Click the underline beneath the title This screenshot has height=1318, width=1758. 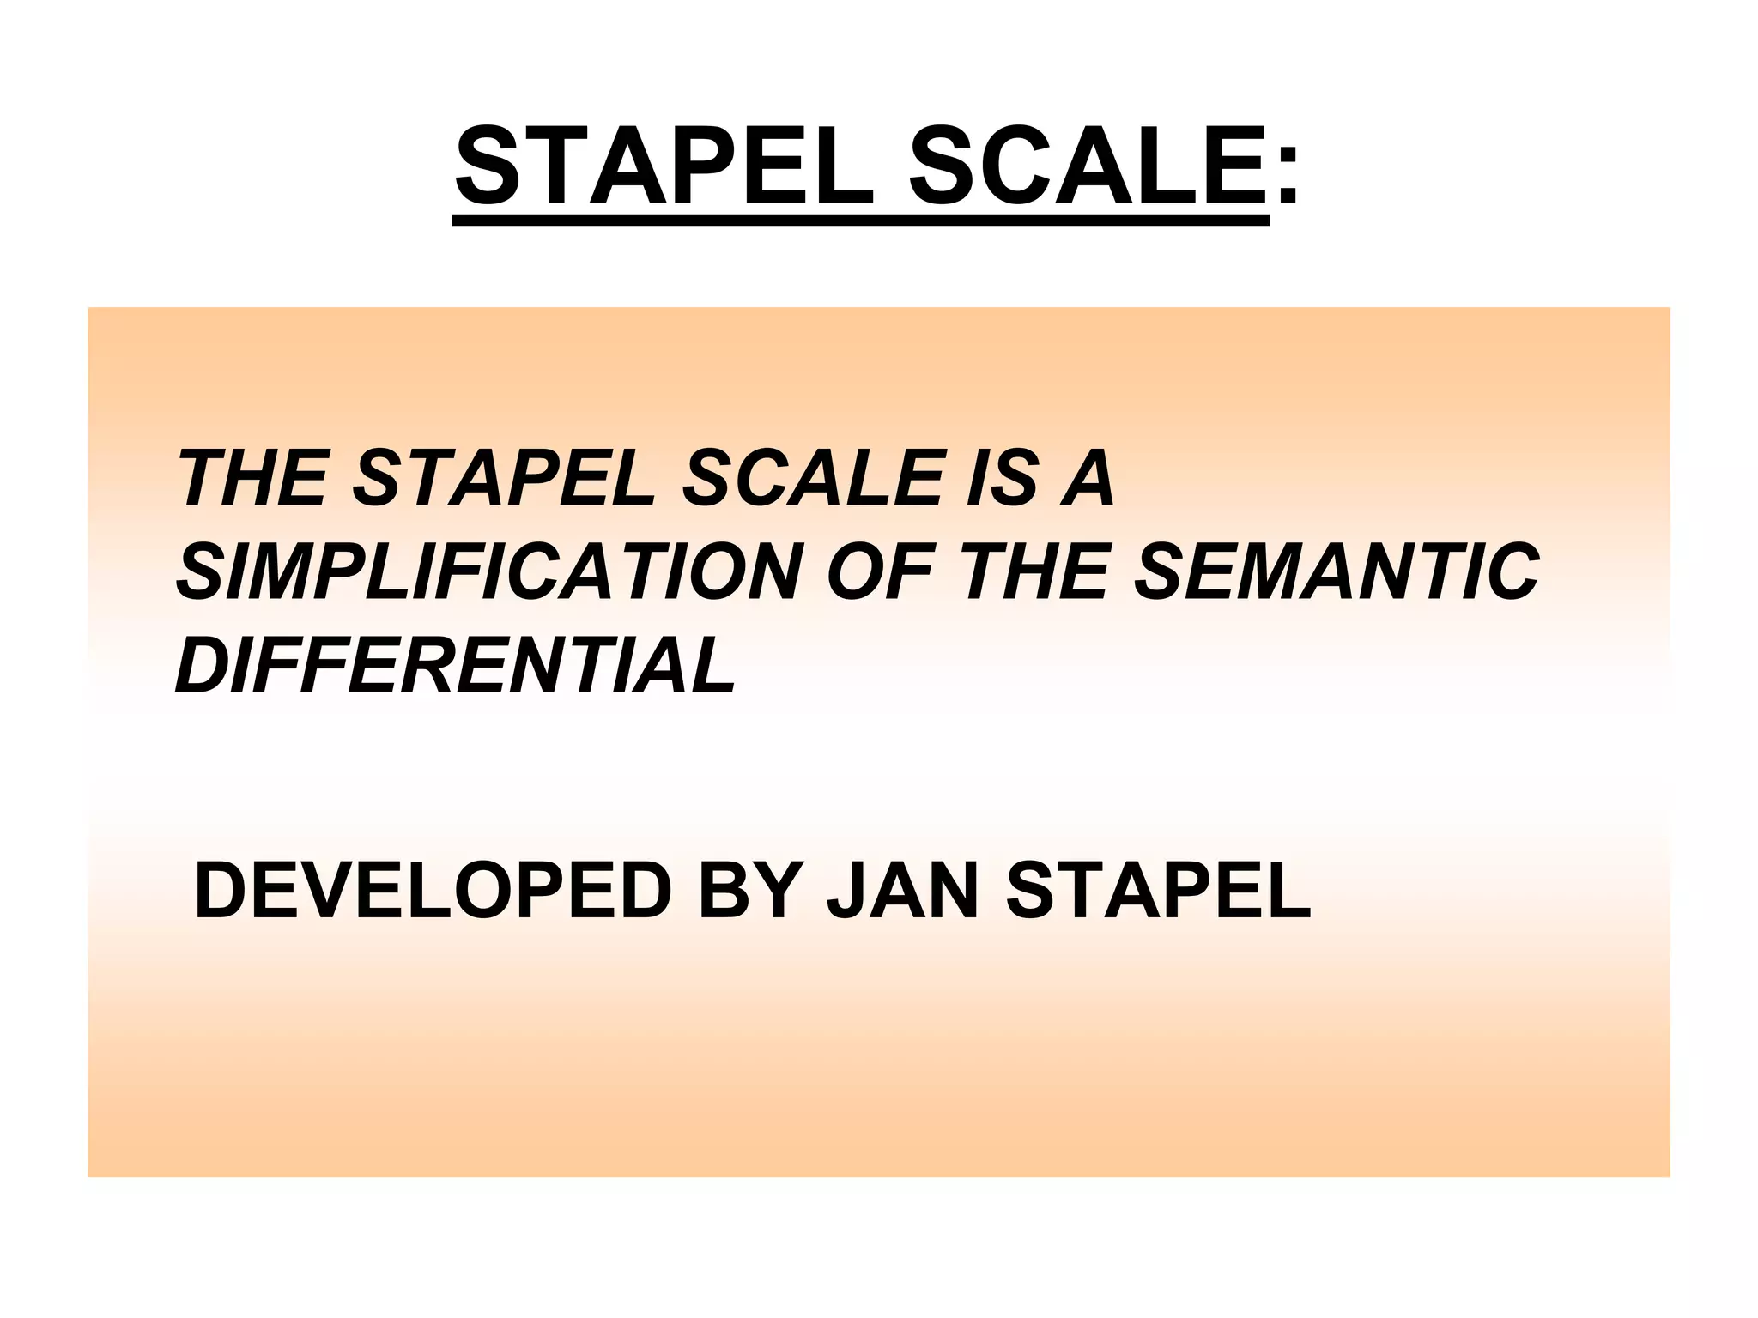[x=861, y=221]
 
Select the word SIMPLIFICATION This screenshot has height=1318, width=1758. [x=489, y=572]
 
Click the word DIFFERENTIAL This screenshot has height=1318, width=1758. [x=455, y=666]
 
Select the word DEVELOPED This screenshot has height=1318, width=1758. [x=433, y=892]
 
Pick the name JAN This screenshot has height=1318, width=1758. [x=901, y=892]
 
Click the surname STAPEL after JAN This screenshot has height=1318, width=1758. [x=1159, y=892]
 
